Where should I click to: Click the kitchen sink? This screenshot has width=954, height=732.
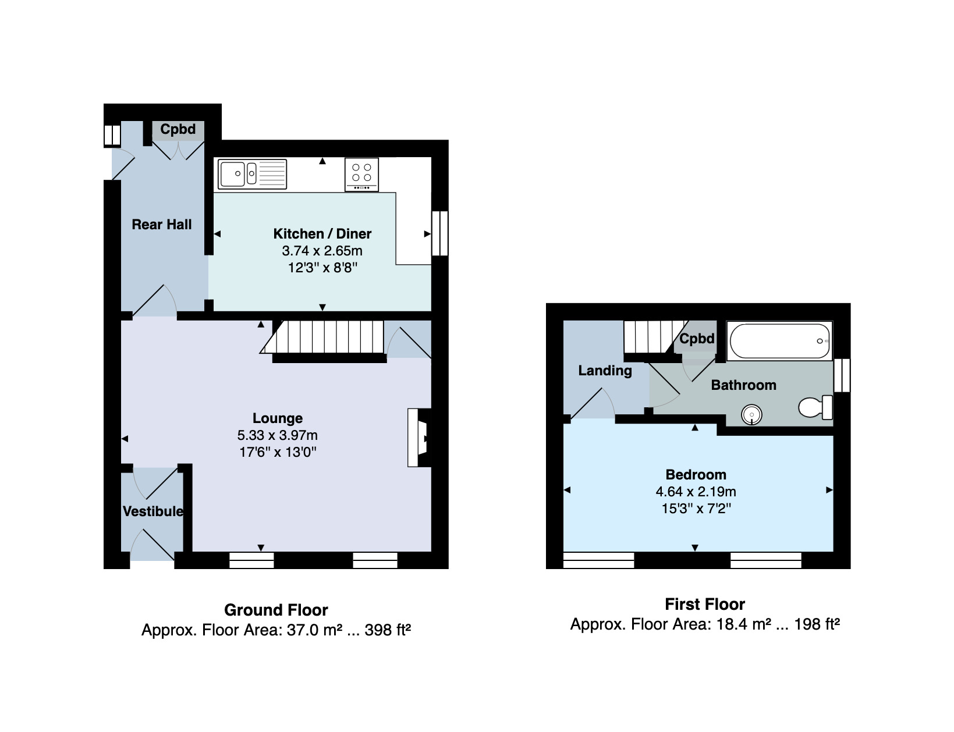253,174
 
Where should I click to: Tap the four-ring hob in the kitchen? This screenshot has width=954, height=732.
362,175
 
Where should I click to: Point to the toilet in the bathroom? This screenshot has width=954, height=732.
815,407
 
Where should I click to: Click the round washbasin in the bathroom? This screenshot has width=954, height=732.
751,414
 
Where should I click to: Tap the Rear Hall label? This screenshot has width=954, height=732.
162,225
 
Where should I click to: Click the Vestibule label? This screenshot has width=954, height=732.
153,511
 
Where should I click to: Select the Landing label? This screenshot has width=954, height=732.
605,371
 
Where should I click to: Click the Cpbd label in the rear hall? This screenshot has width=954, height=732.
178,129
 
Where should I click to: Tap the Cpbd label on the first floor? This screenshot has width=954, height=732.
697,339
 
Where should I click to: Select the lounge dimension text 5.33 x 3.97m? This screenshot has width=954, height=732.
278,435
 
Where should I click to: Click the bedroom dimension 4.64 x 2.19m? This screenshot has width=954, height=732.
696,492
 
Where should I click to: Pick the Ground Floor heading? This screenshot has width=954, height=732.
276,610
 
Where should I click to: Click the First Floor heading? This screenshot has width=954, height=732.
705,605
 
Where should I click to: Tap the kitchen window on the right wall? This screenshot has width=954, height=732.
440,233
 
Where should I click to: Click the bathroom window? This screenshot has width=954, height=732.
842,375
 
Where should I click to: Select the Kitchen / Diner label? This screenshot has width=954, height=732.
322,233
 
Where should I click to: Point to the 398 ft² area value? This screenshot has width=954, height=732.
388,630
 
